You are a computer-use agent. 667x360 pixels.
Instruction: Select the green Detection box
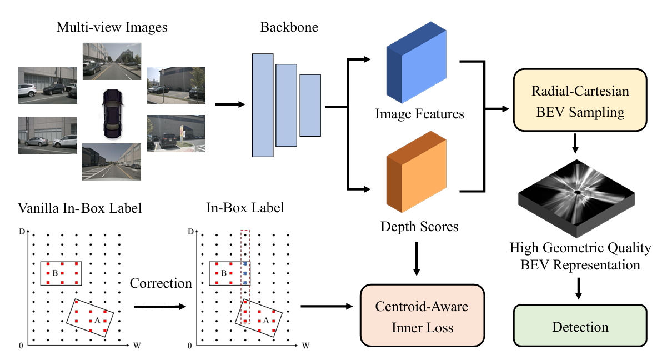coord(580,327)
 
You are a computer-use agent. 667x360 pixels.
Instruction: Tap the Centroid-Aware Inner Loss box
coord(422,317)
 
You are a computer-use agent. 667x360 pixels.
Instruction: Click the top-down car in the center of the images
coord(111,114)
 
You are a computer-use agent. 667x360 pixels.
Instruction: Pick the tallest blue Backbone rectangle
coord(263,106)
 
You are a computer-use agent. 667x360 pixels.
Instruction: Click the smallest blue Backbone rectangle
coord(310,105)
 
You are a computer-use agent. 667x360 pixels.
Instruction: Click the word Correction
coord(161,283)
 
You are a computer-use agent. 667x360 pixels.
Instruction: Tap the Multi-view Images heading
coord(112,27)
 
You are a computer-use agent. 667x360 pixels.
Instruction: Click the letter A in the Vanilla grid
coord(97,320)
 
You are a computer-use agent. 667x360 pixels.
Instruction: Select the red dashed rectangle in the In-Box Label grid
coord(245,276)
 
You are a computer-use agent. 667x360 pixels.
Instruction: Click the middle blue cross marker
coord(245,274)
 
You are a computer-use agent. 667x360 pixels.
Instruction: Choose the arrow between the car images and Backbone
coord(229,104)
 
